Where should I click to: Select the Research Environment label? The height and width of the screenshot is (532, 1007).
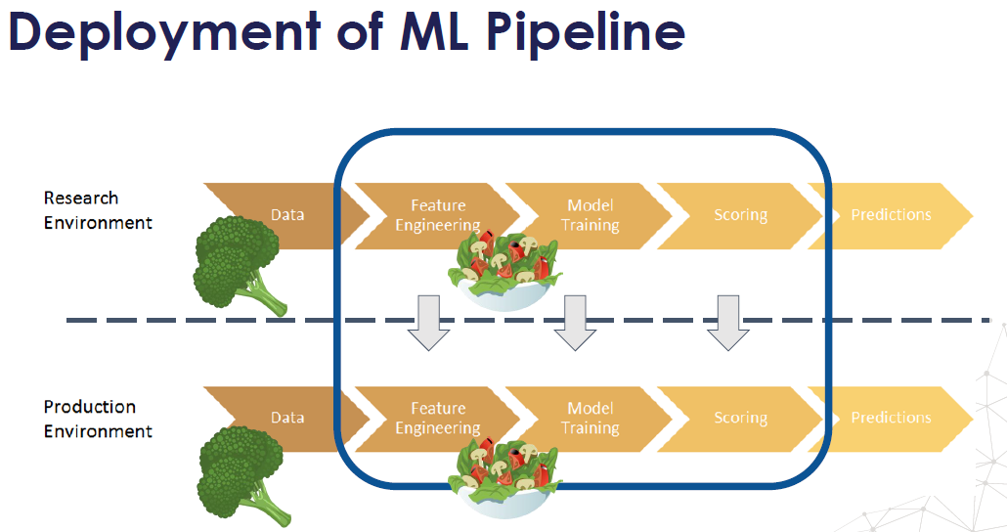pos(98,210)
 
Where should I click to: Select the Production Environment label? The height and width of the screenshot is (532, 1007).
pos(98,419)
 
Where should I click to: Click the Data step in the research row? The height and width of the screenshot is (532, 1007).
pos(287,215)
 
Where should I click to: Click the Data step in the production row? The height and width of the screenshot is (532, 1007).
pos(287,418)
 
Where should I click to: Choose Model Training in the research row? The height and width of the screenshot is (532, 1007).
pos(590,215)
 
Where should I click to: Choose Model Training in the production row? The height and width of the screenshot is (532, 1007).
pos(590,418)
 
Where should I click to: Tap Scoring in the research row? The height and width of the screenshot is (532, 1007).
pos(740,215)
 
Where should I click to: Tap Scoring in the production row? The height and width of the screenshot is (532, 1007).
pos(740,418)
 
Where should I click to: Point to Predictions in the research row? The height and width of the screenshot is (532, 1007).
pos(891,215)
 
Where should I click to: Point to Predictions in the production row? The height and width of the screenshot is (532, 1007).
pos(891,418)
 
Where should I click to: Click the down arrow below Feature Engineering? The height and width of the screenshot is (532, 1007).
pos(428,323)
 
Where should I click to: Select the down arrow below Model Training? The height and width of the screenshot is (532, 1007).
pos(575,323)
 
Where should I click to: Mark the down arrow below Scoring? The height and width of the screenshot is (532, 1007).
pos(727,323)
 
